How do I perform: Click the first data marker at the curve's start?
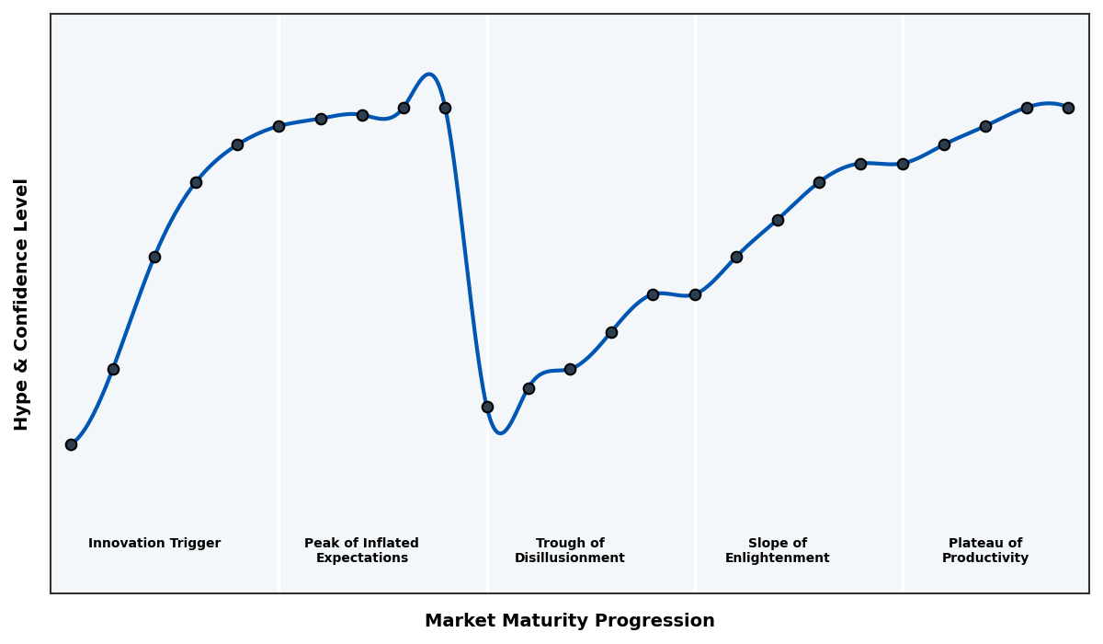coord(71,444)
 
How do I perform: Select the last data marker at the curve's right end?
coord(1068,108)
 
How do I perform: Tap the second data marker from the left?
coord(113,369)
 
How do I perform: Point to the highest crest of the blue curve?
coord(428,75)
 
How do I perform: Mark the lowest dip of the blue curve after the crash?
coord(500,432)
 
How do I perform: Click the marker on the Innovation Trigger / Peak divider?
coord(279,126)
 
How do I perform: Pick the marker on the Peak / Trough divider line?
coord(487,407)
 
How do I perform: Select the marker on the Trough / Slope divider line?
coord(695,294)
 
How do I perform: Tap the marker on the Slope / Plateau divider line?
coord(903,164)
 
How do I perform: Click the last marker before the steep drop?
coord(445,108)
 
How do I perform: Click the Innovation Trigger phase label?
coord(154,544)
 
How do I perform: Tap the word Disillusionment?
coord(570,558)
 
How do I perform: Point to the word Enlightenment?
coord(778,558)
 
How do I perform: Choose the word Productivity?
coord(985,558)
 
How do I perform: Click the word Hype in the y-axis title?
coord(22,409)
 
